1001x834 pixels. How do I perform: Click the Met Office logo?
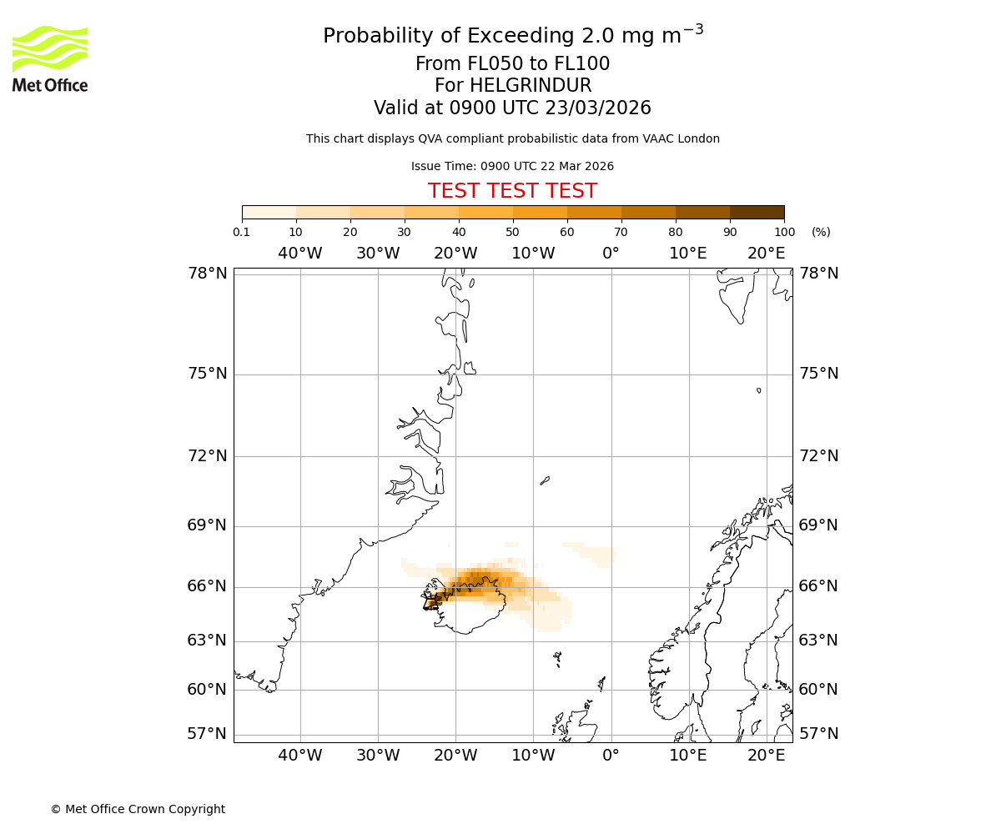pyautogui.click(x=50, y=58)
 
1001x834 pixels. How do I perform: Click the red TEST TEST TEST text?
pyautogui.click(x=512, y=192)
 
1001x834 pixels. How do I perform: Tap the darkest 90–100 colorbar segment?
pyautogui.click(x=757, y=213)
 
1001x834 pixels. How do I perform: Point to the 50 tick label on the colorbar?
pyautogui.click(x=512, y=232)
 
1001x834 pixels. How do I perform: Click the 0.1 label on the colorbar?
pyautogui.click(x=242, y=232)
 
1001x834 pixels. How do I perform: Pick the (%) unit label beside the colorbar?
pyautogui.click(x=821, y=232)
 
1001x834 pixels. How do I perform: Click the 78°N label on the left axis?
pyautogui.click(x=207, y=274)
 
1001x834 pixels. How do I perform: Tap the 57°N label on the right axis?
pyautogui.click(x=818, y=734)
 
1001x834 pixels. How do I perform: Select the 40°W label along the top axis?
pyautogui.click(x=299, y=254)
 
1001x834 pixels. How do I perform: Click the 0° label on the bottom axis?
pyautogui.click(x=611, y=756)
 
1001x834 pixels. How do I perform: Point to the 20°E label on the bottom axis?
pyautogui.click(x=766, y=756)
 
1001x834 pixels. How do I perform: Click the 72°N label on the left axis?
pyautogui.click(x=207, y=456)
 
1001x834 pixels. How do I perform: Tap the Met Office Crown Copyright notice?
pyautogui.click(x=138, y=809)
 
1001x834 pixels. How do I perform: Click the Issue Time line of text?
pyautogui.click(x=512, y=167)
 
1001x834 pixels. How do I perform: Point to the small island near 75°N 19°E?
pyautogui.click(x=759, y=390)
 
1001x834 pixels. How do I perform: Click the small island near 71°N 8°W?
pyautogui.click(x=545, y=480)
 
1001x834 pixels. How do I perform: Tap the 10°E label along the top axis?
pyautogui.click(x=688, y=254)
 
